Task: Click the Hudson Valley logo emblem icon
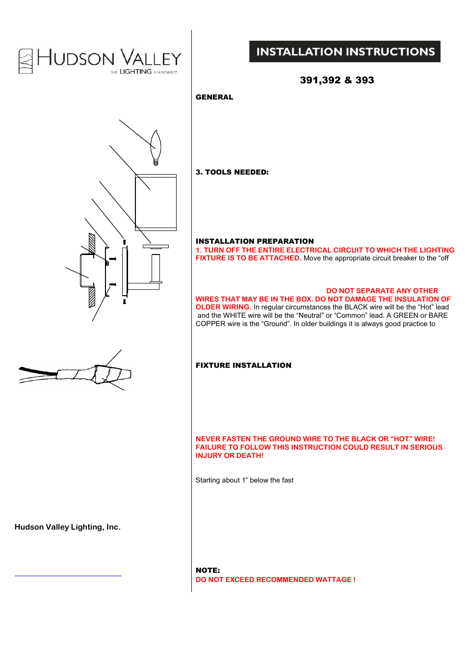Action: click(26, 61)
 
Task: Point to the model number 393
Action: click(364, 80)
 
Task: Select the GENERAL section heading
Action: click(214, 97)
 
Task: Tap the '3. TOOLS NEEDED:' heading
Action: click(232, 172)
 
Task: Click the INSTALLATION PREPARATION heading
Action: click(255, 241)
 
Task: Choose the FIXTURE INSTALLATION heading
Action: click(243, 365)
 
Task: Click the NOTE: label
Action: click(208, 570)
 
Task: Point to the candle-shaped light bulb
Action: click(156, 147)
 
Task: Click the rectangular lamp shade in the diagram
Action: click(156, 202)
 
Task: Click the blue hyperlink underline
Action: click(68, 576)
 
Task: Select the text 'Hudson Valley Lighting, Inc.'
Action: click(68, 527)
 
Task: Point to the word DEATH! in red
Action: click(250, 456)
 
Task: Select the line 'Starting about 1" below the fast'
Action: click(244, 481)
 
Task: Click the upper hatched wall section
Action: click(92, 243)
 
